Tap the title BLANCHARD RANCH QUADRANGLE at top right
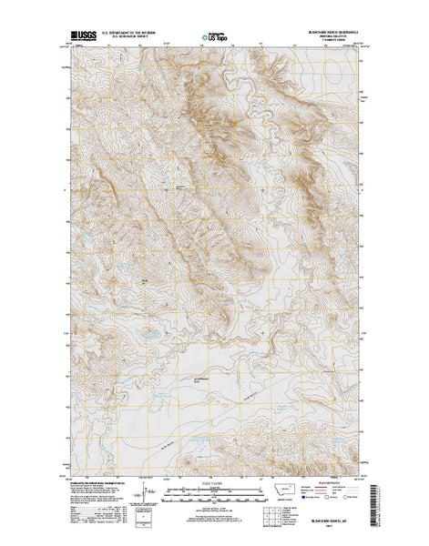tap(324, 34)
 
